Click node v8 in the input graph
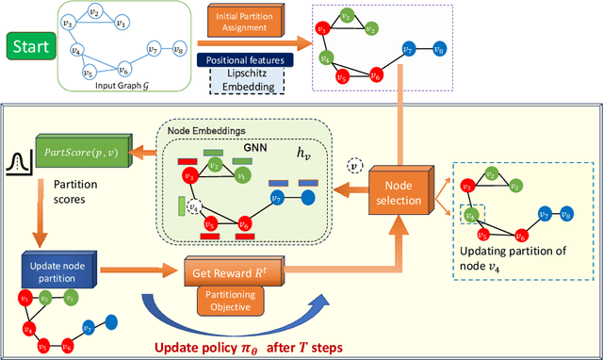[180, 49]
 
